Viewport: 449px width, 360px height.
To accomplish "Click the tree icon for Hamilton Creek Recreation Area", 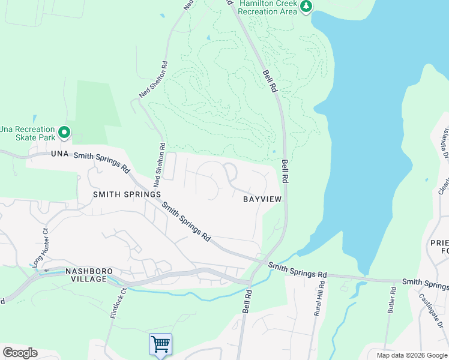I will pyautogui.click(x=307, y=6).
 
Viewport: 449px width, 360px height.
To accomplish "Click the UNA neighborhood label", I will pyautogui.click(x=60, y=154).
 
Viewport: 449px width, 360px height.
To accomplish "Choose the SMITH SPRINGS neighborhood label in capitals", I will pyautogui.click(x=127, y=194).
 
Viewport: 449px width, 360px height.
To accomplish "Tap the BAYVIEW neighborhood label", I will pyautogui.click(x=262, y=199).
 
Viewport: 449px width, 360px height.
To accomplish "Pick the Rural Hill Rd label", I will pyautogui.click(x=318, y=298).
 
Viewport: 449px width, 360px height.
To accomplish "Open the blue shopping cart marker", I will pyautogui.click(x=160, y=345).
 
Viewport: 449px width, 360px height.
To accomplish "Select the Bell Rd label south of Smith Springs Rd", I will pyautogui.click(x=246, y=299).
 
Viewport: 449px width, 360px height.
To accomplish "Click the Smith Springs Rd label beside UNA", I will pyautogui.click(x=101, y=162).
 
